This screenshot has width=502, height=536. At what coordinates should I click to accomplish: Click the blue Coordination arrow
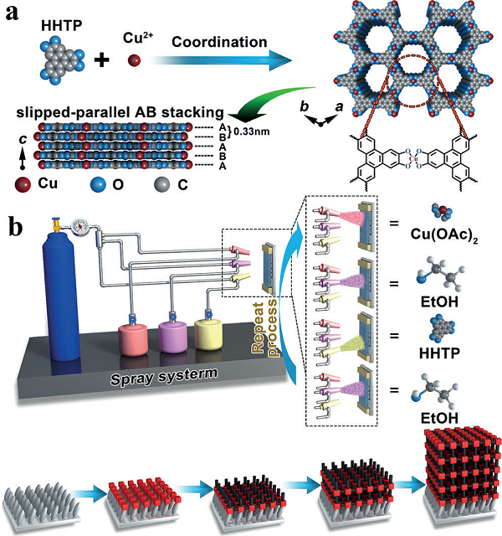pyautogui.click(x=223, y=60)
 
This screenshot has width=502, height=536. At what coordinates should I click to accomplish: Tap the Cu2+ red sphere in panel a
pyautogui.click(x=134, y=61)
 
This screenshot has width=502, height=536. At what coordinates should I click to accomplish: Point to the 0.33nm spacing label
pyautogui.click(x=251, y=131)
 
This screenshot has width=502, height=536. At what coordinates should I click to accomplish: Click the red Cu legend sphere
pyautogui.click(x=23, y=184)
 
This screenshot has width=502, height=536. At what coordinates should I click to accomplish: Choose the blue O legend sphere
pyautogui.click(x=99, y=185)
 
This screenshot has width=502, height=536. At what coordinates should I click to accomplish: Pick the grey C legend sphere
pyautogui.click(x=161, y=185)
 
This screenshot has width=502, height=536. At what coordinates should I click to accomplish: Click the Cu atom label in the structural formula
pyautogui.click(x=413, y=158)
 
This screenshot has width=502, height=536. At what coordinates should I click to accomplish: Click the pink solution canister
pyautogui.click(x=133, y=338)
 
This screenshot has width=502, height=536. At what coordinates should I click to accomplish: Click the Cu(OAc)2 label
pyautogui.click(x=444, y=234)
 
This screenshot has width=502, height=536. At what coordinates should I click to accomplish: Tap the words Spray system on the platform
pyautogui.click(x=164, y=376)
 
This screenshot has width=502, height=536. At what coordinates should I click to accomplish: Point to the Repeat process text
pyautogui.click(x=264, y=328)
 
